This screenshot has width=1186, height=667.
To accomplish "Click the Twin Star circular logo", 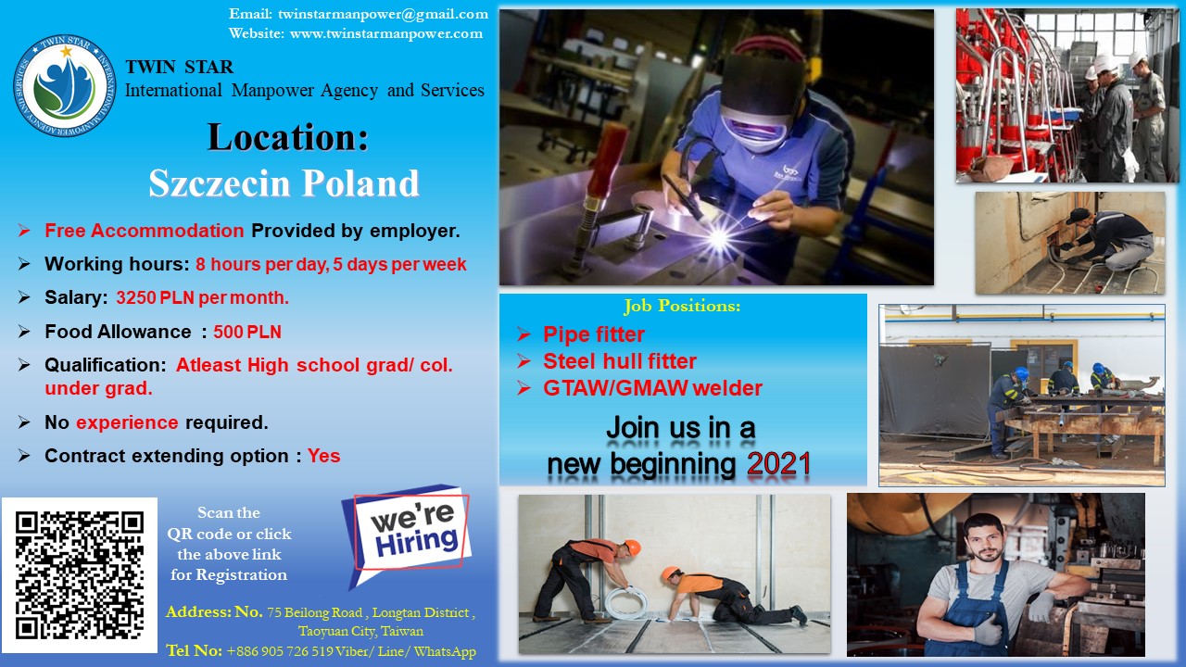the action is click(64, 85).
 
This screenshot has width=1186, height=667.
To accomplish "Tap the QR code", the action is click(80, 575).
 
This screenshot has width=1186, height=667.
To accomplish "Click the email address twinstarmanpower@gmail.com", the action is click(383, 14).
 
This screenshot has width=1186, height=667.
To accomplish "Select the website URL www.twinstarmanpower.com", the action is click(386, 33).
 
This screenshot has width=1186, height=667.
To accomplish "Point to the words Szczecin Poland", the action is click(284, 183).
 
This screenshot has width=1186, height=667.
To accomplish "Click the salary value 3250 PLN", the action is click(156, 297).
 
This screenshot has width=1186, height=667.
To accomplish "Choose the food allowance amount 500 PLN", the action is click(247, 332).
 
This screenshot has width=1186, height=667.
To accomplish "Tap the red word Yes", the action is click(324, 456).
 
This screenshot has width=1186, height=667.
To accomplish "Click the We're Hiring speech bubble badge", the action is click(406, 535).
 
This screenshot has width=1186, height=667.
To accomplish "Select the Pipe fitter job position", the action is click(594, 334).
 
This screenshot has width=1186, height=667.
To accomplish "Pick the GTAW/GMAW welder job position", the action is click(652, 388).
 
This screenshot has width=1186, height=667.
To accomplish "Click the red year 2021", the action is click(778, 464).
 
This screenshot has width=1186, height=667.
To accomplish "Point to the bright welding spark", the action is click(717, 238).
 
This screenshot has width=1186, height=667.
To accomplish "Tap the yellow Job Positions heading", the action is click(682, 306).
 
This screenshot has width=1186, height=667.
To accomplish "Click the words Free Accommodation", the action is click(144, 231).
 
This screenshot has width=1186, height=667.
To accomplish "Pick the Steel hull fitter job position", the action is click(620, 361).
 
